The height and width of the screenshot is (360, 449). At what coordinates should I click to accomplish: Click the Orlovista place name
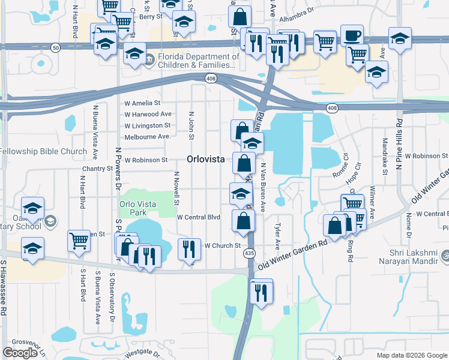[206, 160]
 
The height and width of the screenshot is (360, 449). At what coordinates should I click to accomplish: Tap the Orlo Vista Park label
[137, 208]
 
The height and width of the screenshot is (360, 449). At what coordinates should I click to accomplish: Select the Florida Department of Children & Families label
[195, 61]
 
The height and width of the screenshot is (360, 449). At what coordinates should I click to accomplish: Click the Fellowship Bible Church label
[43, 151]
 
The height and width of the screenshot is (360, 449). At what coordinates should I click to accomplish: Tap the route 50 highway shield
[55, 47]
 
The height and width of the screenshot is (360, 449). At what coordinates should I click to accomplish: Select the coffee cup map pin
[351, 35]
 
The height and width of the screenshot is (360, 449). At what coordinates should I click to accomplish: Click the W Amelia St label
[142, 103]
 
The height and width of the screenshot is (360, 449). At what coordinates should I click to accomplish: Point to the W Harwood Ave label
[148, 114]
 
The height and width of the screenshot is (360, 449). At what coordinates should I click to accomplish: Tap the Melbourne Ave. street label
[148, 137]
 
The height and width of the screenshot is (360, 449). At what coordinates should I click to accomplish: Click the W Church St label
[222, 245]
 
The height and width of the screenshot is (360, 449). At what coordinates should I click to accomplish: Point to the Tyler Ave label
[277, 236]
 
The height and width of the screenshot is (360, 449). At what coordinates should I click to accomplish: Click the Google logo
[21, 353]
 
